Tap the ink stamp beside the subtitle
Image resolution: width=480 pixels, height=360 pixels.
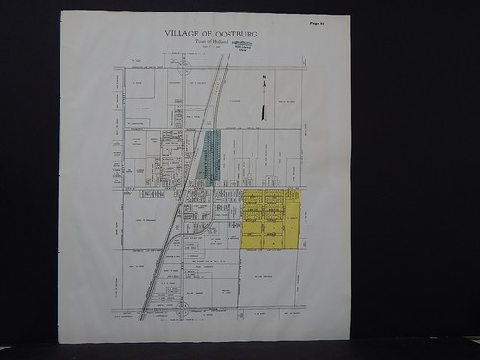click(243, 44)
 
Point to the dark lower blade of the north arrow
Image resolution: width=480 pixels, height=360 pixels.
click(262, 109)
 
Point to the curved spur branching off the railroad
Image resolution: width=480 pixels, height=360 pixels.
click(201, 227)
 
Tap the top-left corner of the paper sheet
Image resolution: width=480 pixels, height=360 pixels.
click(62, 12)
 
